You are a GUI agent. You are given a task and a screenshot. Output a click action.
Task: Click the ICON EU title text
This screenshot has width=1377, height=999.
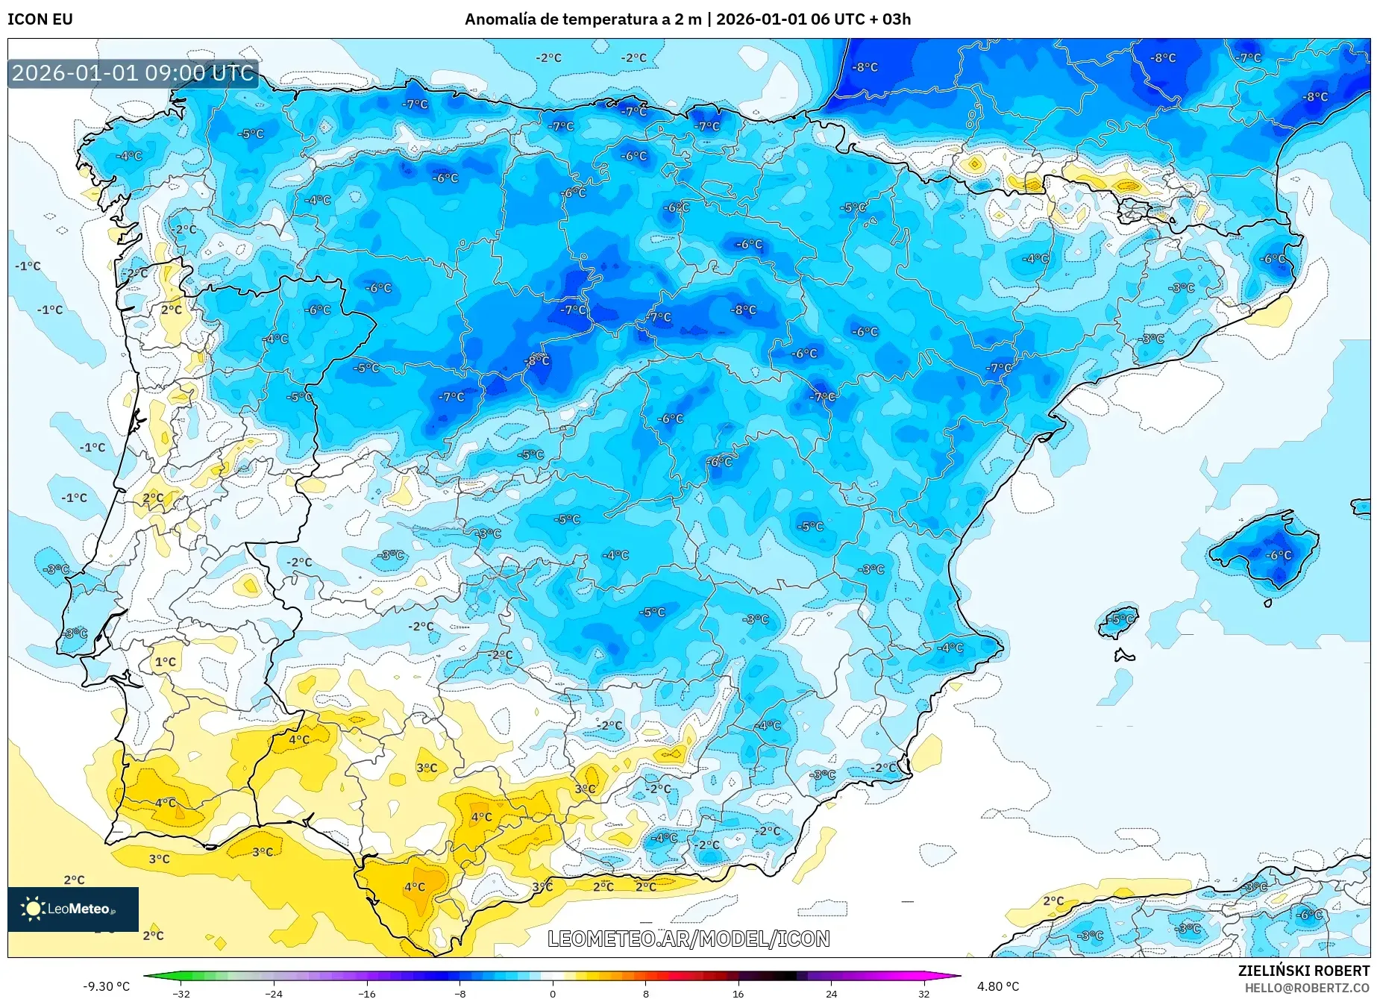[x=40, y=19]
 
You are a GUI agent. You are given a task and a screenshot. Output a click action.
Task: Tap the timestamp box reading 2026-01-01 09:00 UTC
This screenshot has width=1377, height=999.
[x=133, y=73]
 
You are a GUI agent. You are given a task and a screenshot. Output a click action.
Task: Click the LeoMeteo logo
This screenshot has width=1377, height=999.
[x=72, y=909]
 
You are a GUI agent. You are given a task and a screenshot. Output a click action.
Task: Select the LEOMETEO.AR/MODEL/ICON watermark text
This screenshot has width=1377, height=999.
[x=688, y=939]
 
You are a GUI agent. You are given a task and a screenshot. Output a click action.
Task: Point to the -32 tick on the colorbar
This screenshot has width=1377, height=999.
[x=181, y=993]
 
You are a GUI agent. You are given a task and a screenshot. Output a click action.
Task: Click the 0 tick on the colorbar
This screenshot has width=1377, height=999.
[x=553, y=993]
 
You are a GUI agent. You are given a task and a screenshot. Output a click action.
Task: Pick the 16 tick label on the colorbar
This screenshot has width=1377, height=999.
[x=738, y=993]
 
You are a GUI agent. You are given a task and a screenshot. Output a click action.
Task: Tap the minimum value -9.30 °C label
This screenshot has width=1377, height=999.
[x=106, y=986]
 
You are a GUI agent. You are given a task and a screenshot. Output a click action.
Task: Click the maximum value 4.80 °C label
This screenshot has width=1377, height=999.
[x=997, y=986]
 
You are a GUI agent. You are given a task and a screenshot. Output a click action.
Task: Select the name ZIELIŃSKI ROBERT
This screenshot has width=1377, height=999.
[x=1303, y=971]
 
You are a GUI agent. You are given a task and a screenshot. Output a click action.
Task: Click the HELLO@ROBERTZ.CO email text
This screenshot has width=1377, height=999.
[x=1306, y=988]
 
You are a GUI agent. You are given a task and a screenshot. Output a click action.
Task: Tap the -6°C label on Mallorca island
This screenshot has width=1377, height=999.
[x=1278, y=555]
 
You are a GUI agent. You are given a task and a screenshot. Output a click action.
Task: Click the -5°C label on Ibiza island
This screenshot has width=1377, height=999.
[x=1120, y=619]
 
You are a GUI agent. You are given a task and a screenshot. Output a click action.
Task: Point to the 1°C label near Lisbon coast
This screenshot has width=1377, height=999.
[x=165, y=662]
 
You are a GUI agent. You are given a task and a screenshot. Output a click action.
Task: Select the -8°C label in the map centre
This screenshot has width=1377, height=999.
[x=743, y=310]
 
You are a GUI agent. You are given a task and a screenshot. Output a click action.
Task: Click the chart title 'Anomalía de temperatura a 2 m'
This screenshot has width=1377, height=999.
[x=583, y=19]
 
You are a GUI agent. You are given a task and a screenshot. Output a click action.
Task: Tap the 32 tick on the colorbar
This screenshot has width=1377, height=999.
[x=923, y=993]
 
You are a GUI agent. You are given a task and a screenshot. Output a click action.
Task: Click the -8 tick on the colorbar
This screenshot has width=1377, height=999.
[x=460, y=993]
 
